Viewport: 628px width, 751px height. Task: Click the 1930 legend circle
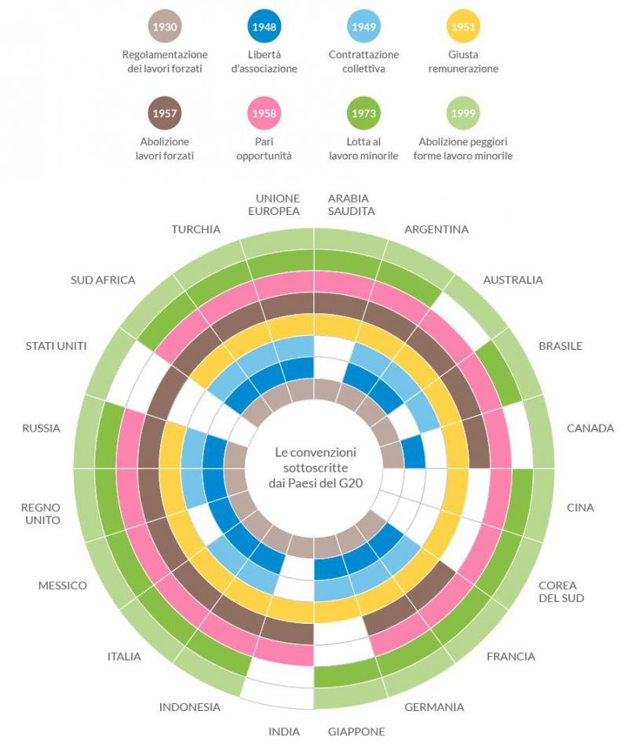pyautogui.click(x=165, y=27)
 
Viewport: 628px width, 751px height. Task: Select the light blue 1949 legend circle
pyautogui.click(x=363, y=27)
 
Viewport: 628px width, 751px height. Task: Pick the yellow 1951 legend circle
pyautogui.click(x=463, y=27)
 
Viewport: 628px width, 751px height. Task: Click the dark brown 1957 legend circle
pyautogui.click(x=165, y=114)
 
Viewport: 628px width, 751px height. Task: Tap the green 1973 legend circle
pyautogui.click(x=363, y=114)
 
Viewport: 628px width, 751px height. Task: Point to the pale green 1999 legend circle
pyautogui.click(x=463, y=114)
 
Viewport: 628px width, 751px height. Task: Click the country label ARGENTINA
pyautogui.click(x=436, y=230)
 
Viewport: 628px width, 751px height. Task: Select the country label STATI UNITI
pyautogui.click(x=56, y=346)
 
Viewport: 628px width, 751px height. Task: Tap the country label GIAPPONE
pyautogui.click(x=356, y=731)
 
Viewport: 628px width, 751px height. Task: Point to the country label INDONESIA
pyautogui.click(x=190, y=707)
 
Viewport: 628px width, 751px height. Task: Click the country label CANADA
pyautogui.click(x=590, y=428)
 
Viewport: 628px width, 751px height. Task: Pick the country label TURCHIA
pyautogui.click(x=195, y=230)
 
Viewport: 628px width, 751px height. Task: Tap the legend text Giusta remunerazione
pyautogui.click(x=463, y=62)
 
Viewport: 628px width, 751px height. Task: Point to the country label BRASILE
pyautogui.click(x=560, y=346)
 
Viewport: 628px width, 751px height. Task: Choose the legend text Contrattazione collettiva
pyautogui.click(x=363, y=62)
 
